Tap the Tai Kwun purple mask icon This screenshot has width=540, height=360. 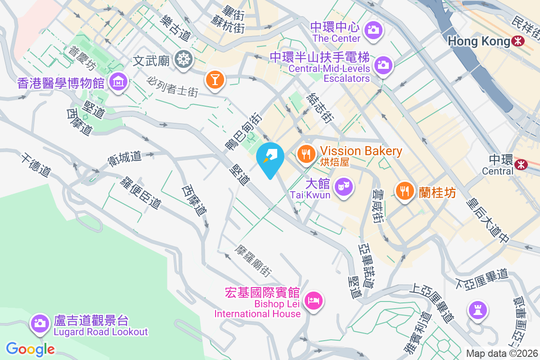[x=345, y=185]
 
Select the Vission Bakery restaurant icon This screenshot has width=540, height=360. [x=306, y=154]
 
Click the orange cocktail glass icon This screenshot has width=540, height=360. [x=215, y=80]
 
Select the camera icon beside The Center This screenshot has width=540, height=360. [x=373, y=30]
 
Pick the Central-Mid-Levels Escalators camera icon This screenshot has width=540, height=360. [x=383, y=64]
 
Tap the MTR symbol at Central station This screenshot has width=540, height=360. [x=521, y=164]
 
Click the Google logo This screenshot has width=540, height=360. [x=30, y=349]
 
